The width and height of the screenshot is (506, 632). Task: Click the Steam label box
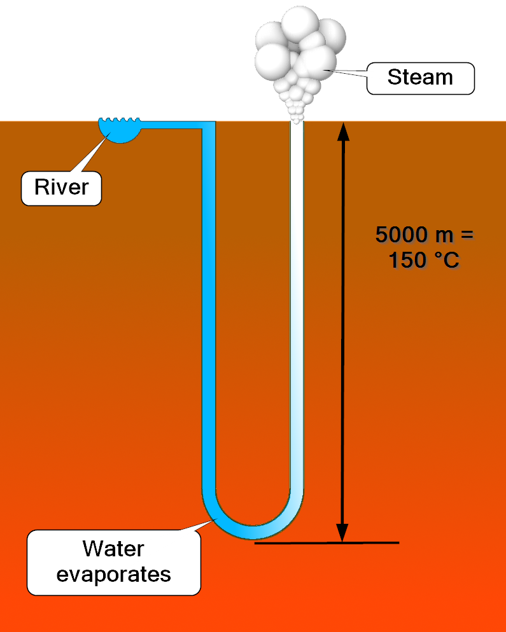(x=420, y=78)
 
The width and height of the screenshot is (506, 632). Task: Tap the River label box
(x=61, y=188)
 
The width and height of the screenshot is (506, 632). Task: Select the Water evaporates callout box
(x=113, y=562)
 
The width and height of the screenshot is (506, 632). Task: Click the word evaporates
(x=113, y=574)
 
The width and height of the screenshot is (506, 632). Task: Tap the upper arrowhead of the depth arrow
(x=343, y=132)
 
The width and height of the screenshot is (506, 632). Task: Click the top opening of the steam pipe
(x=297, y=124)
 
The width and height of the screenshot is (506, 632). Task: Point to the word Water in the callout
(x=113, y=549)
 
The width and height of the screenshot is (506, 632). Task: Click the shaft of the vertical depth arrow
(x=343, y=331)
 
